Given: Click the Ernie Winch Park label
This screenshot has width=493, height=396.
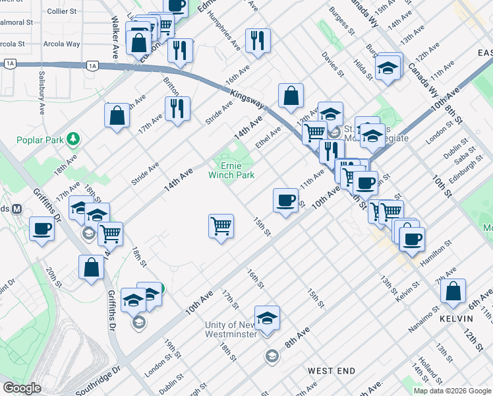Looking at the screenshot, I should [x=231, y=170].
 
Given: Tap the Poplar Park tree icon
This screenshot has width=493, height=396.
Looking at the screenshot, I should [x=74, y=138].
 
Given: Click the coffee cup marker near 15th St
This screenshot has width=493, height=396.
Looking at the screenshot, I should [x=285, y=199].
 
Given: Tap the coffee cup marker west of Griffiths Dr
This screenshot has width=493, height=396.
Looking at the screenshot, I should [x=42, y=229].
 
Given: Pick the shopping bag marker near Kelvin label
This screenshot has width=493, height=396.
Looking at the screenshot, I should [x=453, y=290].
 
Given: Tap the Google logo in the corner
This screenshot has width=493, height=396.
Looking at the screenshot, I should [x=22, y=388].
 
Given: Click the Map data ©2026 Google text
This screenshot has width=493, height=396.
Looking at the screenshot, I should [x=452, y=391].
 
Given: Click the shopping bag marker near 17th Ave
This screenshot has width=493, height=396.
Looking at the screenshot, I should [x=117, y=115].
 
